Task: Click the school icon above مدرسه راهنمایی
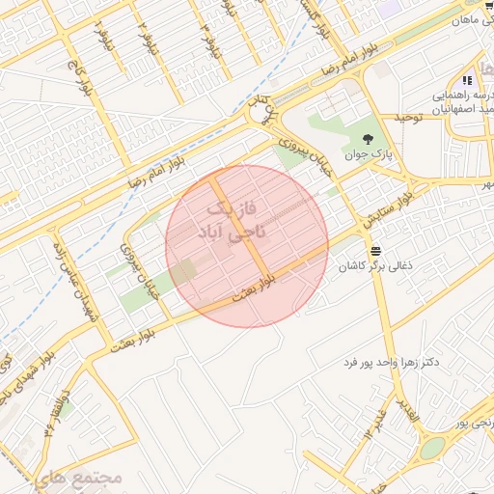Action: tap(467, 81)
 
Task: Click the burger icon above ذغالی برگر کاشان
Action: tap(388, 249)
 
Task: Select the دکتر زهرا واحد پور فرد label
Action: tap(391, 362)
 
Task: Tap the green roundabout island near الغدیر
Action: tap(432, 448)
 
